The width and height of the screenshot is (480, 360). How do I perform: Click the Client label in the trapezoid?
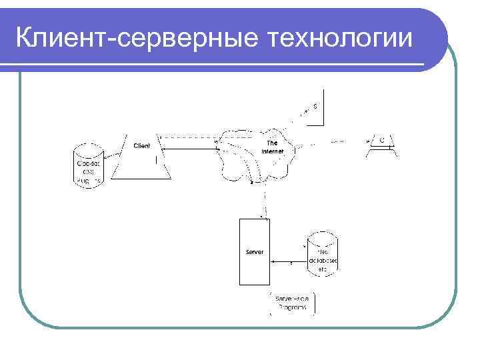142,145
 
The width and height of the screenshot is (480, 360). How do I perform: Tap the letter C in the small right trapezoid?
382,141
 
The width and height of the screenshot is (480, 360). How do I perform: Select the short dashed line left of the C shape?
338,141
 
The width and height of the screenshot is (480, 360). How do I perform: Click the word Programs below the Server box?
291,308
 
